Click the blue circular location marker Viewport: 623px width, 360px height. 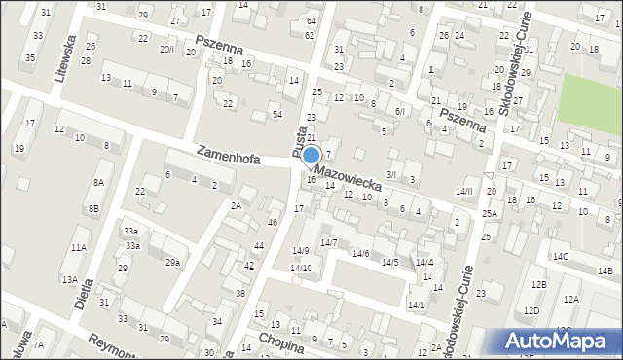pyautogui.click(x=311, y=156)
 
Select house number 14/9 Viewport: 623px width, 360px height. pyautogui.click(x=301, y=251)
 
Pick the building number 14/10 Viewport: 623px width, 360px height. pyautogui.click(x=301, y=268)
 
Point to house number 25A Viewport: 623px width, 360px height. pyautogui.click(x=489, y=213)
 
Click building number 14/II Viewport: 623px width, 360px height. pyautogui.click(x=464, y=191)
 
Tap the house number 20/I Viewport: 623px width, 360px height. pyautogui.click(x=167, y=50)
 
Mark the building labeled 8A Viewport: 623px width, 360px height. pyautogui.click(x=97, y=182)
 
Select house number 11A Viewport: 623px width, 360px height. pyautogui.click(x=78, y=248)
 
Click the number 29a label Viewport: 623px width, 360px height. pyautogui.click(x=172, y=263)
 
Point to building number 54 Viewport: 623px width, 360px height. pyautogui.click(x=276, y=115)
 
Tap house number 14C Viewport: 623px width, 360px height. pyautogui.click(x=561, y=257)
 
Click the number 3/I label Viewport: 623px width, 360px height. pyautogui.click(x=391, y=174)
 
